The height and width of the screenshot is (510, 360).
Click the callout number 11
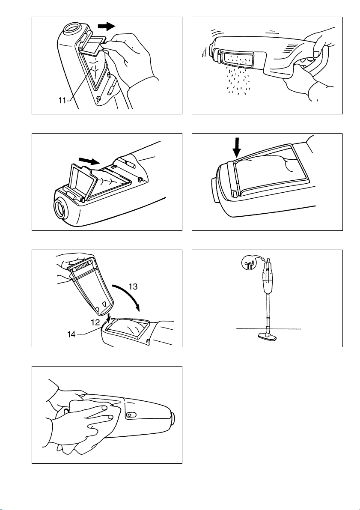[x=62, y=101]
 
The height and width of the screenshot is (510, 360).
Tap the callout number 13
[x=133, y=286]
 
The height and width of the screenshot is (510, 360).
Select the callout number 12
[x=95, y=322]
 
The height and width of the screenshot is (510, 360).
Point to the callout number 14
[x=71, y=334]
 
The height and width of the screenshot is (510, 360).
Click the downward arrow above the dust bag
[x=238, y=147]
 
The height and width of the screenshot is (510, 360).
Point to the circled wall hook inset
[x=249, y=262]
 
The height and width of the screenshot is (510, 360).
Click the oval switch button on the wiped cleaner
[x=131, y=415]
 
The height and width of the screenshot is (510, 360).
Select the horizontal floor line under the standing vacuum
[x=269, y=329]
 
